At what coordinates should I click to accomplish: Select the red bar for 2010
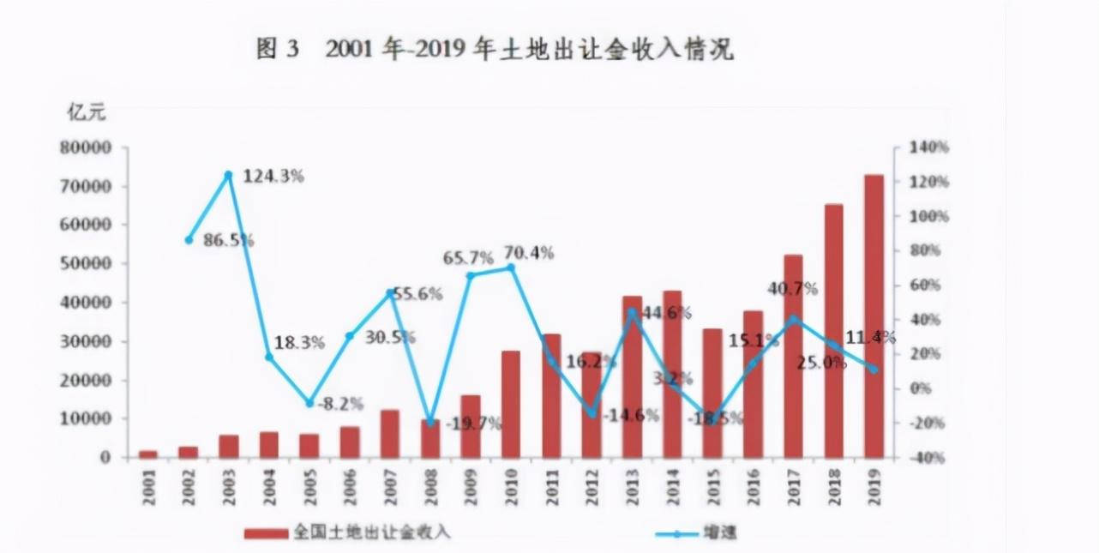pyautogui.click(x=511, y=403)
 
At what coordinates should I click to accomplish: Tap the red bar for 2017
pyautogui.click(x=793, y=356)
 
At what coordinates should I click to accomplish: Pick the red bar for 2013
pyautogui.click(x=632, y=376)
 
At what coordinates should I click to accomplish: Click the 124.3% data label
pyautogui.click(x=273, y=176)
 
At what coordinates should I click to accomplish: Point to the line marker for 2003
pyautogui.click(x=229, y=175)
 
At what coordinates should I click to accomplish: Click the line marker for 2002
pyautogui.click(x=189, y=239)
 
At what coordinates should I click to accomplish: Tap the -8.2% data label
pyautogui.click(x=339, y=403)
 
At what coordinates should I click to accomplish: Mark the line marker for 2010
pyautogui.click(x=511, y=267)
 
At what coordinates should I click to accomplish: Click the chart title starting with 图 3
pyautogui.click(x=495, y=50)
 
